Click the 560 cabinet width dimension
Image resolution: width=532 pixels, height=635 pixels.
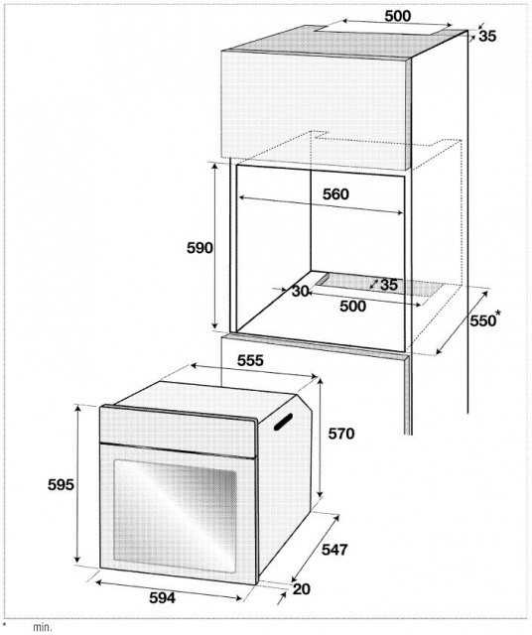335,194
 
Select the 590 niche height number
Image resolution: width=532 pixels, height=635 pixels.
199,247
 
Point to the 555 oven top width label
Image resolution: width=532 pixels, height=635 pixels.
250,360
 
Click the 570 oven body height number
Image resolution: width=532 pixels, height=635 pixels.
341,434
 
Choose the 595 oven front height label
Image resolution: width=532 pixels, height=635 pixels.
61,484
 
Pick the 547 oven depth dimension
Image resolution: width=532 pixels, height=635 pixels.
334,550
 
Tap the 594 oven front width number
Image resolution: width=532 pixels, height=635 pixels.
162,597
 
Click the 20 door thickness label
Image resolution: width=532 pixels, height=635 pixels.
302,588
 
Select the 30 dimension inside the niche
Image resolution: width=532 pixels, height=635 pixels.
301,291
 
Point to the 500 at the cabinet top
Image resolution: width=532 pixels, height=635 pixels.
397,16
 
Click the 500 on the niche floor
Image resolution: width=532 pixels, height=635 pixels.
352,307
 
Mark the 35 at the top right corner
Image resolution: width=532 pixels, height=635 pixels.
487,36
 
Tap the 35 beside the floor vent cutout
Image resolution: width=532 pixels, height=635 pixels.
389,285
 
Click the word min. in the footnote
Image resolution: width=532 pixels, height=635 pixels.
43,628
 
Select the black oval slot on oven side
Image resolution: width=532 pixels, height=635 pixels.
283,421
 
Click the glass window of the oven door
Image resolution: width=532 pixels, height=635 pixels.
175,516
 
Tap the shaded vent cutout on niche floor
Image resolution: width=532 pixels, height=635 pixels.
379,286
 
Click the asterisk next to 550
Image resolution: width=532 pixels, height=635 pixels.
498,314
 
